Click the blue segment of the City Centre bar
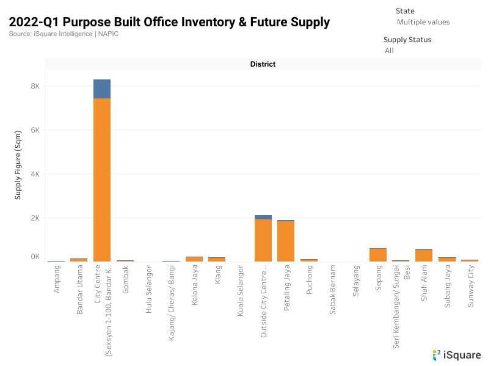coord(102,89)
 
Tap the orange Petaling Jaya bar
coord(286,241)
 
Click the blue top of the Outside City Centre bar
coord(263,217)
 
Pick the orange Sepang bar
coord(377,255)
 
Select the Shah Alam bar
coord(424,255)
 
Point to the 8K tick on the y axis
coord(35,86)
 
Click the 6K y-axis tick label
coord(35,130)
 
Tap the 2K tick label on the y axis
coord(35,218)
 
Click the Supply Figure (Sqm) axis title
coord(18,164)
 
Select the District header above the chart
coord(263,64)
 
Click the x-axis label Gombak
coord(125,280)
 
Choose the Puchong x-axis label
coord(309,280)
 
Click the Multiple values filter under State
coord(423,22)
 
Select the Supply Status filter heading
coord(407,40)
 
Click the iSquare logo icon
coord(436,354)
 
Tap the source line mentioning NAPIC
coord(64,34)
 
